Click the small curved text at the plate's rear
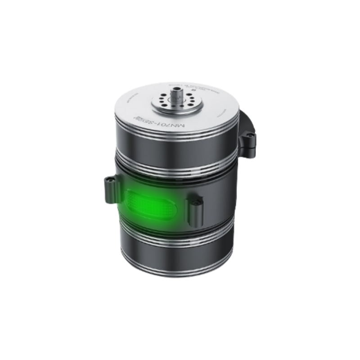click(189, 86)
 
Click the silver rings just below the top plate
click(175, 131)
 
